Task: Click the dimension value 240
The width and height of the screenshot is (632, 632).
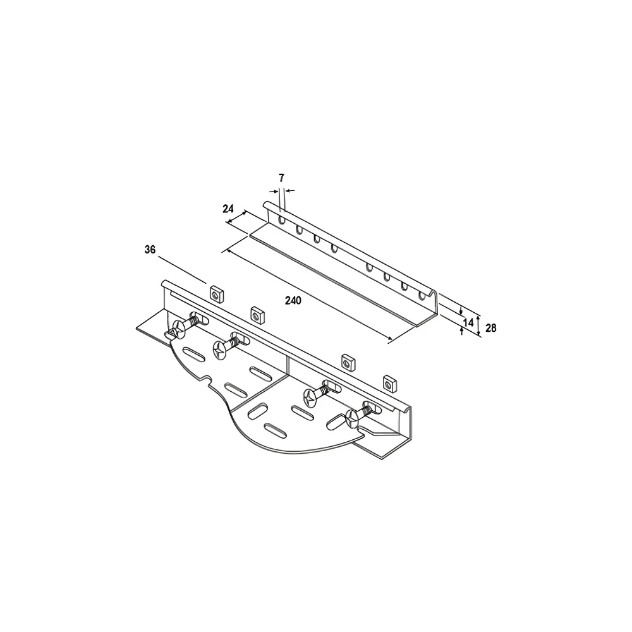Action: click(x=293, y=300)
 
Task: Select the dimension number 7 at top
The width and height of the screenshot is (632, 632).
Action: click(x=281, y=178)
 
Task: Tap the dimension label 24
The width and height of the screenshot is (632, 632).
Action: click(x=228, y=209)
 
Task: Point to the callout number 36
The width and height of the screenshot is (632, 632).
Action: click(x=150, y=250)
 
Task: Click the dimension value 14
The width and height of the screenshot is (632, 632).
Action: click(x=468, y=322)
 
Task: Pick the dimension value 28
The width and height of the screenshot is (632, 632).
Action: click(x=491, y=328)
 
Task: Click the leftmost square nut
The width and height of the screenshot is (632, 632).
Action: click(x=216, y=293)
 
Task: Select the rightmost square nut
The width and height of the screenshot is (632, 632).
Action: click(x=389, y=383)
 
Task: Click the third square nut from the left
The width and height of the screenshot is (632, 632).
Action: click(x=348, y=362)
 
